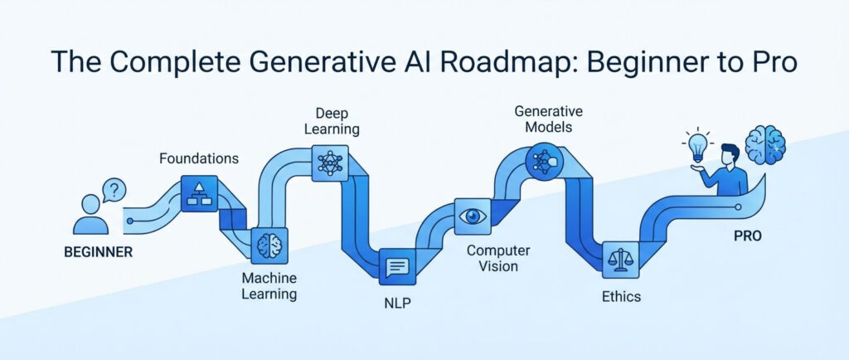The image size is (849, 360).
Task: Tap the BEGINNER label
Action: click(97, 251)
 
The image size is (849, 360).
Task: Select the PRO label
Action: click(747, 236)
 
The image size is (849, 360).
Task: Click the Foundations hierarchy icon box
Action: click(198, 193)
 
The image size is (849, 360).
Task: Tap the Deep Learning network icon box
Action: click(330, 161)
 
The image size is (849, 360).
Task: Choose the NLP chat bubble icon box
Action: click(397, 267)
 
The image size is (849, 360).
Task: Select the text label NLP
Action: click(398, 304)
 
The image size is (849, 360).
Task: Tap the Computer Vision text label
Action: click(492, 258)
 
